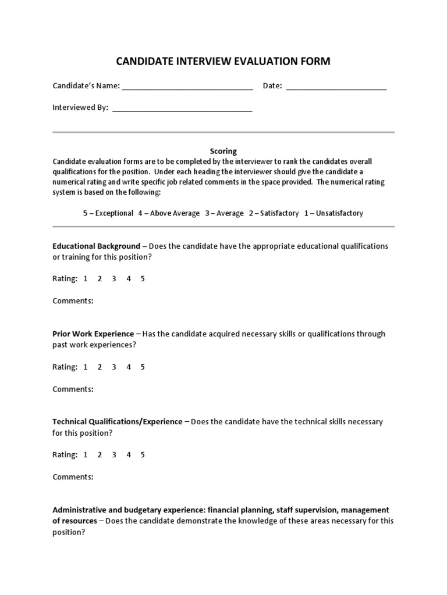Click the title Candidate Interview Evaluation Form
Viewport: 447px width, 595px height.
point(223,61)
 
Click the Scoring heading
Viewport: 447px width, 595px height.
point(223,151)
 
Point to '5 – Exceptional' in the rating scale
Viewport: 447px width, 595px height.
point(108,213)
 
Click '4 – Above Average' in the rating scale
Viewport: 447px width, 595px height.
point(169,213)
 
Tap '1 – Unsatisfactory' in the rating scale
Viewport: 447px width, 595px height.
point(334,213)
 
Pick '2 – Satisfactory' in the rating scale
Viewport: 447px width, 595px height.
point(274,213)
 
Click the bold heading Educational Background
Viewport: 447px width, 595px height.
point(96,246)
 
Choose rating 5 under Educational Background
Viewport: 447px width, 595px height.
point(143,278)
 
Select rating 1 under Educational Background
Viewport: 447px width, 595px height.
point(85,278)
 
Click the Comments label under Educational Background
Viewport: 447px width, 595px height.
point(73,301)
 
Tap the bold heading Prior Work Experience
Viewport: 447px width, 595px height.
point(93,334)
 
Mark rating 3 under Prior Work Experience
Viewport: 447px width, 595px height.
point(114,367)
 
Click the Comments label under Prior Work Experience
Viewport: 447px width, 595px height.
point(73,389)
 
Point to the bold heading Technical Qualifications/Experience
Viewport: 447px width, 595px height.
point(117,421)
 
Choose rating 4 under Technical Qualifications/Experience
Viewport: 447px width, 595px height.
point(129,454)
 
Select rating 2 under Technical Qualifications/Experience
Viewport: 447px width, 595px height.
point(100,454)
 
